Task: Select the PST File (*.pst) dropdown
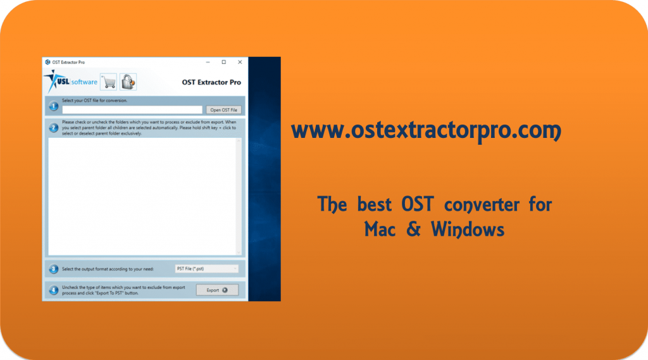[x=207, y=269]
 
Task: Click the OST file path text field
[x=132, y=110]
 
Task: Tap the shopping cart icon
[x=108, y=82]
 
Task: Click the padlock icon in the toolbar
[x=128, y=82]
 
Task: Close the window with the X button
[x=240, y=62]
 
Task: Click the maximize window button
[x=224, y=62]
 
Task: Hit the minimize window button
[x=208, y=62]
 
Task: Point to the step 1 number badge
[x=54, y=105]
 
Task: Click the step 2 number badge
[x=54, y=127]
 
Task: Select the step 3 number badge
[x=54, y=269]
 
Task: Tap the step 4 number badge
[x=54, y=290]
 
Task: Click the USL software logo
[x=70, y=82]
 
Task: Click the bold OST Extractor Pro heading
[x=211, y=82]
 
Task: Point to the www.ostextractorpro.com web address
[x=426, y=131]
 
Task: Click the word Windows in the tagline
[x=468, y=228]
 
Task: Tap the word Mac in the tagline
[x=380, y=228]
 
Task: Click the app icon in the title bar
[x=47, y=62]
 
